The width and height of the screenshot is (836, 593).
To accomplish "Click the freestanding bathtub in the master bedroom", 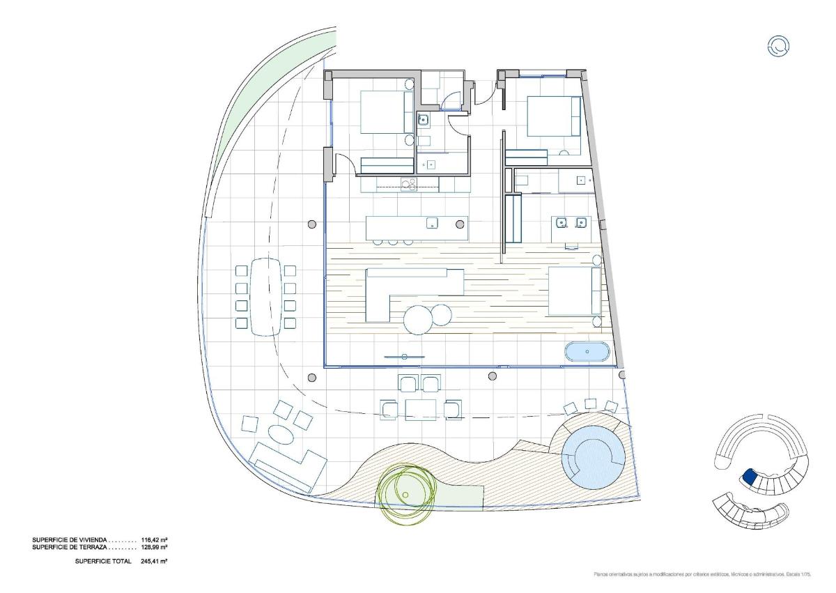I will click(587, 352).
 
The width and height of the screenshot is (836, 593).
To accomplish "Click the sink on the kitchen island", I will click(432, 224).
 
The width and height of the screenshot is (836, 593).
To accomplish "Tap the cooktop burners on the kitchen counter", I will click(408, 184).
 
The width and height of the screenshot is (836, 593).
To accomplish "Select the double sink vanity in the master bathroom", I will click(571, 223).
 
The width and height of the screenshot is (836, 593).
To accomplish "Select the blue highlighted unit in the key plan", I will click(750, 477).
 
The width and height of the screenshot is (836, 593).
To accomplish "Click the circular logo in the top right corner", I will click(777, 47).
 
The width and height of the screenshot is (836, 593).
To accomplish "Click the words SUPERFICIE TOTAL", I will click(103, 561).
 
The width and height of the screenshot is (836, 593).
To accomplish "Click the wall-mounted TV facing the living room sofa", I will click(404, 357).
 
